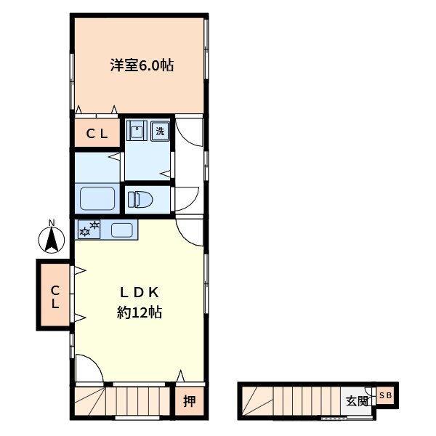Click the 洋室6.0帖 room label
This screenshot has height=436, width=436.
(x=142, y=66)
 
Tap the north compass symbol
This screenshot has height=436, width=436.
(x=52, y=240)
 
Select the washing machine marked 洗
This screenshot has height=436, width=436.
(x=160, y=131)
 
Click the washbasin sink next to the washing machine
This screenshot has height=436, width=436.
(x=137, y=130)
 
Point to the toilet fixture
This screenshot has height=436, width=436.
(x=140, y=200)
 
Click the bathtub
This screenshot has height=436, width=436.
(x=97, y=198)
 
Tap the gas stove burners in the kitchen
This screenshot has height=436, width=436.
(x=89, y=229)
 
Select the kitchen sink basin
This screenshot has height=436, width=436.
(x=122, y=230)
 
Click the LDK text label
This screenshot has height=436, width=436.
(x=139, y=293)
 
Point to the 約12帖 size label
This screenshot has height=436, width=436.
(x=140, y=312)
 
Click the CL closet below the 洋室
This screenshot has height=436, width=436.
(x=97, y=134)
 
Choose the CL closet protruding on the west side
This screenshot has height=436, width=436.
(x=55, y=295)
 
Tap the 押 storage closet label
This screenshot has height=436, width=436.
(x=190, y=402)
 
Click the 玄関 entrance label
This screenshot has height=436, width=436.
(x=357, y=401)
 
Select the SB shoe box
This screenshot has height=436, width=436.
(x=385, y=395)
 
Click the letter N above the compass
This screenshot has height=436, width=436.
(x=52, y=222)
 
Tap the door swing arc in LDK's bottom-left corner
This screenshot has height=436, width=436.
(x=94, y=361)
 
